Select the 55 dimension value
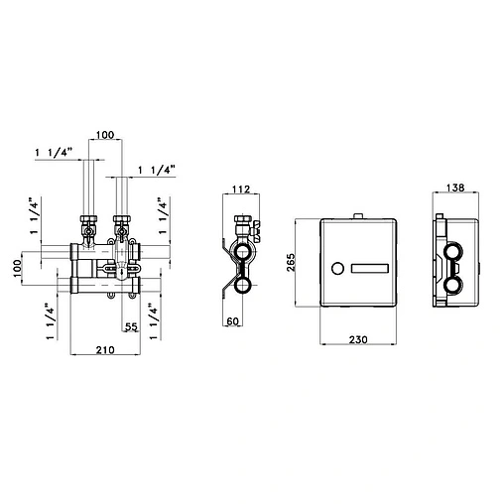(130, 326)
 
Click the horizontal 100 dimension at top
(106, 135)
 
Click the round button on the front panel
(335, 269)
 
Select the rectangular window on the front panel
(371, 269)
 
